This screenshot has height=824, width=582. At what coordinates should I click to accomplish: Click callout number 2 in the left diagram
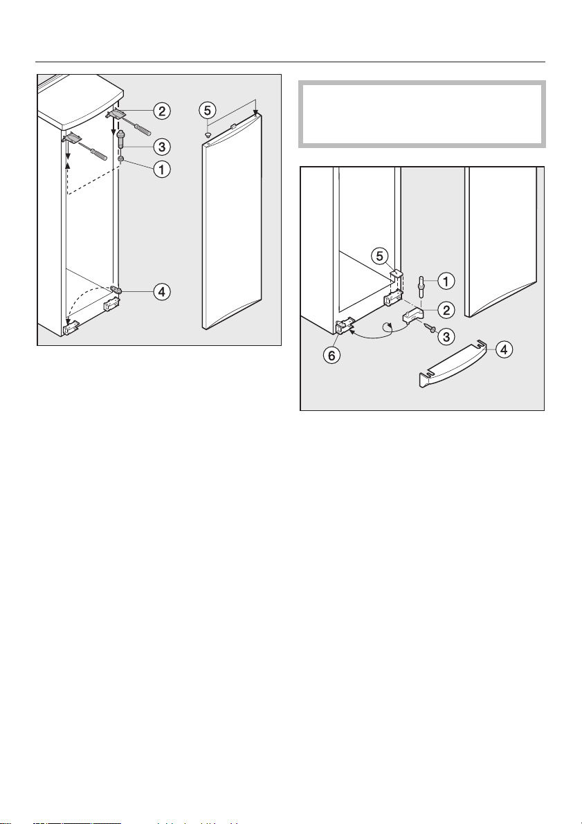point(161,111)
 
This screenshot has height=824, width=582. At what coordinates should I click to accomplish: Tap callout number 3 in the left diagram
point(161,145)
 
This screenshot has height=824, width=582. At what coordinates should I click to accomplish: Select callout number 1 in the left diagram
point(161,170)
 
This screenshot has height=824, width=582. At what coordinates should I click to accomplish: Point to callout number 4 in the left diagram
point(161,292)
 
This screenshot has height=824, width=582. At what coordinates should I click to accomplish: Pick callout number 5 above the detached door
point(208,111)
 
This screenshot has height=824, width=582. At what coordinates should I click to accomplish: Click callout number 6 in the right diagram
point(332,355)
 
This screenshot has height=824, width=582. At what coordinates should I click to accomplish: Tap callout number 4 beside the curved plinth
point(504,349)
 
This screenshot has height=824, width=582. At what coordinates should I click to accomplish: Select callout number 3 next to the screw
point(446,337)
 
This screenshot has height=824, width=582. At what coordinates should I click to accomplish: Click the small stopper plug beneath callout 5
point(208,135)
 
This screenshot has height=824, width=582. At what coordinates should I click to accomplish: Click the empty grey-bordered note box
point(421,114)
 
